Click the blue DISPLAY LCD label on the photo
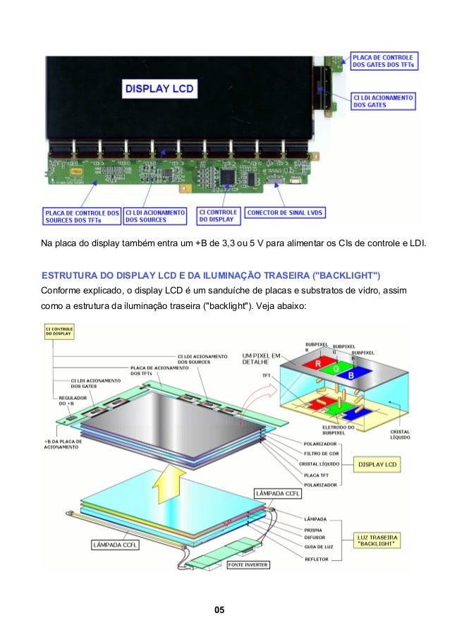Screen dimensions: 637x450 click(159, 89)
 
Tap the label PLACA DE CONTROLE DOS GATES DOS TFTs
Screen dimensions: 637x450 click(384, 61)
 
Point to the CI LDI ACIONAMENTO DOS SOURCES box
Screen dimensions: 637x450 click(155, 216)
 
